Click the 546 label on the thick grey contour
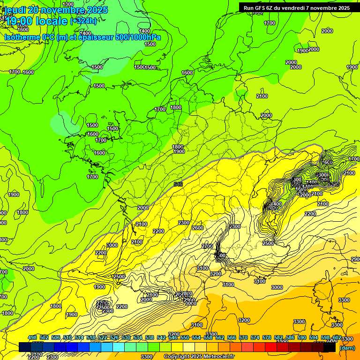coord(178,184)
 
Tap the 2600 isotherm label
coord(198,228)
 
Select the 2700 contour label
coord(207,246)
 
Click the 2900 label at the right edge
coord(355,259)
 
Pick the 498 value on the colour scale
coord(32,337)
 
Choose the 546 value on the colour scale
coord(173,337)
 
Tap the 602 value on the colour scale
coord(337,337)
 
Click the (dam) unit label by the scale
coord(347,348)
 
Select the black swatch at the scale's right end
coord(330,347)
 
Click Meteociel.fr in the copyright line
coord(218,357)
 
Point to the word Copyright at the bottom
coord(176,357)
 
